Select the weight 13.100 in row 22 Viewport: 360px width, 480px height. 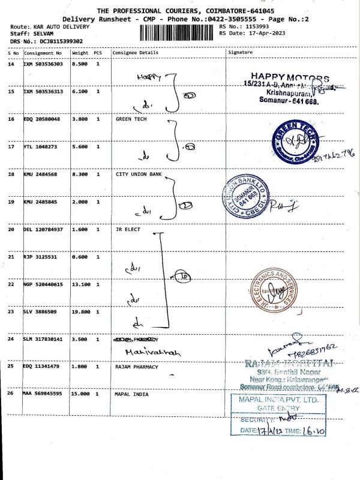pos(80,284)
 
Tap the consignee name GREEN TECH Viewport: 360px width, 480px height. pos(131,119)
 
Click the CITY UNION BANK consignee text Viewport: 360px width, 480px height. pos(139,175)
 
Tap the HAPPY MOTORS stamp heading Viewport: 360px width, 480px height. pos(290,78)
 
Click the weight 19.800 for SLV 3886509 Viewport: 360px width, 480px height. pos(80,312)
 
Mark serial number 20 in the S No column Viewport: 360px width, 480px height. pos(11,230)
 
